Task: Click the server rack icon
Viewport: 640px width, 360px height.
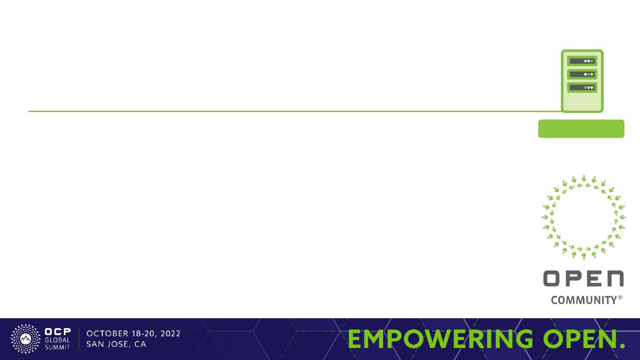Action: pyautogui.click(x=582, y=81)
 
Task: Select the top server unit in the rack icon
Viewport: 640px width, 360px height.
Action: pyautogui.click(x=582, y=61)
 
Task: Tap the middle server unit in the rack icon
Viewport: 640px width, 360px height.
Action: pyautogui.click(x=582, y=74)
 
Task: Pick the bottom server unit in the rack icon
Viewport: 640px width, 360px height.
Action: pyautogui.click(x=582, y=88)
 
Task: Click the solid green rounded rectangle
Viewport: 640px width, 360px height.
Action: pyautogui.click(x=581, y=128)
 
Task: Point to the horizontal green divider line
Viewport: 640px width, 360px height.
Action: pyautogui.click(x=295, y=111)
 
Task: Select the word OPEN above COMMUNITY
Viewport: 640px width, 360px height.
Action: pyautogui.click(x=584, y=278)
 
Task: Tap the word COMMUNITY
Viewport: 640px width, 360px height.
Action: pyautogui.click(x=584, y=300)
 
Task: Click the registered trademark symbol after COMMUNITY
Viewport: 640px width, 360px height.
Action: pyautogui.click(x=620, y=298)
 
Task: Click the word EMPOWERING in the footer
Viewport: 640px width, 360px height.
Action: pyautogui.click(x=440, y=339)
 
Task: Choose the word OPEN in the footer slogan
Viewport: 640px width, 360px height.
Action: pyautogui.click(x=580, y=339)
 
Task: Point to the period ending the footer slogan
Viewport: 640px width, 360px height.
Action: pyautogui.click(x=622, y=346)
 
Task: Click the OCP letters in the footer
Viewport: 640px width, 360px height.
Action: pyautogui.click(x=58, y=332)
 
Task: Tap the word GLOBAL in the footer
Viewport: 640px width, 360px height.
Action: pyautogui.click(x=57, y=340)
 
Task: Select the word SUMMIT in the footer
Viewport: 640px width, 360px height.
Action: pyautogui.click(x=57, y=347)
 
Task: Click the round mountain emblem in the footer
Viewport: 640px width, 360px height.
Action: pyautogui.click(x=26, y=339)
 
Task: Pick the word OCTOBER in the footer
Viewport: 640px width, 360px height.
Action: pyautogui.click(x=108, y=334)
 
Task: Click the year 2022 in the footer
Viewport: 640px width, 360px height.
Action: pyautogui.click(x=170, y=334)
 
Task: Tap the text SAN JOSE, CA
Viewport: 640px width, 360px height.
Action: pyautogui.click(x=116, y=344)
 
